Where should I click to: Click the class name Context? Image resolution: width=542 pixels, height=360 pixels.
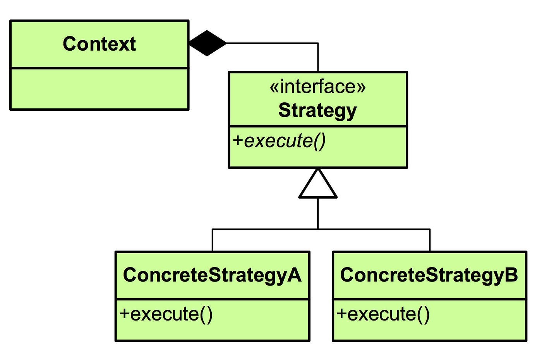pos(99,44)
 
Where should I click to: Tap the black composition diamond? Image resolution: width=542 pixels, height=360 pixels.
pos(208,43)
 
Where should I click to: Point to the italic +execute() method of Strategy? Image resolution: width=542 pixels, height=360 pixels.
pos(279,142)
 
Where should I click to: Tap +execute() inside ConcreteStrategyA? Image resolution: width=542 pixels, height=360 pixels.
pos(166,315)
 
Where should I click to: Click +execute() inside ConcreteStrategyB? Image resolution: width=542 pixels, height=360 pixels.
pos(383,315)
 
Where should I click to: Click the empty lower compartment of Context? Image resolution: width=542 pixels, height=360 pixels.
pos(99,89)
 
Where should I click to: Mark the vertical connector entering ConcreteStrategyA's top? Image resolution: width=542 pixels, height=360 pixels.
pos(212,240)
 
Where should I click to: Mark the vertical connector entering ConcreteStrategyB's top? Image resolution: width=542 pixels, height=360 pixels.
pos(430,240)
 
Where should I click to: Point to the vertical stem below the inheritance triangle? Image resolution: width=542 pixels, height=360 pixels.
pos(318,213)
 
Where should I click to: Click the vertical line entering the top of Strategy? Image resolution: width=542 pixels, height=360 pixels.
pos(318,57)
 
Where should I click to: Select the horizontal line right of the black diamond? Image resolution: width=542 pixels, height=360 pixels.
pos(272,43)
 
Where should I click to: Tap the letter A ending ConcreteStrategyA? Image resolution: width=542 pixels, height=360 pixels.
pos(294,275)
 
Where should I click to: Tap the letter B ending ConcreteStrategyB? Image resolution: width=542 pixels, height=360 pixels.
pos(511,275)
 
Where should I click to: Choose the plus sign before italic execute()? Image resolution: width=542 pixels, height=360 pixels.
pos(238,141)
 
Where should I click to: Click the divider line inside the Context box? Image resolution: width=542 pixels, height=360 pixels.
pos(99,68)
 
